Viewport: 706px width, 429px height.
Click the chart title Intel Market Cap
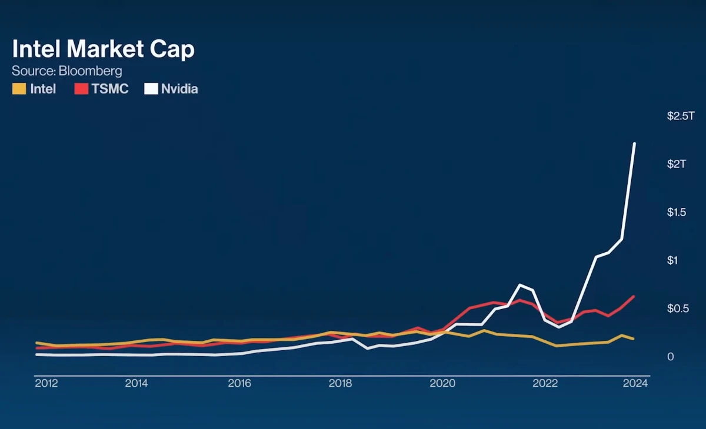click(103, 49)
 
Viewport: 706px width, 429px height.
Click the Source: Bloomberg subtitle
click(67, 71)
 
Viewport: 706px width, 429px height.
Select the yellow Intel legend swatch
click(19, 89)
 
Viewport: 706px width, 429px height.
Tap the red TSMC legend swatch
click(81, 89)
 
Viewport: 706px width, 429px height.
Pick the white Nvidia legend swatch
click(151, 89)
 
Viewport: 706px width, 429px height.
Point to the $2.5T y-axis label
click(681, 116)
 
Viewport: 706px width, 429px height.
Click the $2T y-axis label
click(677, 164)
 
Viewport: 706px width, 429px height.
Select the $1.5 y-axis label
click(677, 212)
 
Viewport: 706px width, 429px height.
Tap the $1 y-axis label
click(673, 260)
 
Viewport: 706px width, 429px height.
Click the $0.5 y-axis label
click(677, 309)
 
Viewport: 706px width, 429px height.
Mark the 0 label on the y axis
click(671, 357)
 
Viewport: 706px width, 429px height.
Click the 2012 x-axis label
click(46, 384)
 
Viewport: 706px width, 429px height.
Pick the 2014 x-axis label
click(136, 384)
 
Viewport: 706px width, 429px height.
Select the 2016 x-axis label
click(239, 384)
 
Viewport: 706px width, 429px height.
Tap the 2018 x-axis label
click(341, 384)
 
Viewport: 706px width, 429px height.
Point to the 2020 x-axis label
click(443, 384)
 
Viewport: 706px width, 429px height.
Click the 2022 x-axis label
click(545, 384)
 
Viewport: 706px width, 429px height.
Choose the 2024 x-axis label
click(635, 384)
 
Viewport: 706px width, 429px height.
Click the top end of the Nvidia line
click(634, 143)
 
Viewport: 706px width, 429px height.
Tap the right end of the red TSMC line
click(634, 296)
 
